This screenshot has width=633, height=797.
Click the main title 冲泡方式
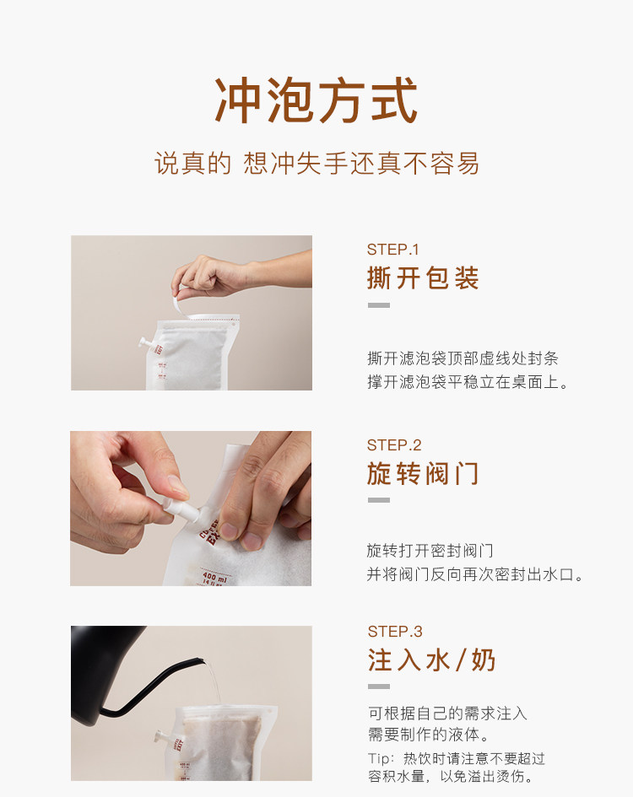(316, 100)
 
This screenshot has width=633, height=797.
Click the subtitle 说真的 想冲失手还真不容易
(316, 164)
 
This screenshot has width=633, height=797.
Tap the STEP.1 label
(392, 250)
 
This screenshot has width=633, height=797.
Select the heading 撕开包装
(423, 278)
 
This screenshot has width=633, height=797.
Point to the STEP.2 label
(394, 445)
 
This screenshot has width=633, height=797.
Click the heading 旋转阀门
(423, 474)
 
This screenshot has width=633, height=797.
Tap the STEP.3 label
(395, 632)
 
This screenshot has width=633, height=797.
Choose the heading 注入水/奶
(431, 660)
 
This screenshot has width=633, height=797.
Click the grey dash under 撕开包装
(379, 305)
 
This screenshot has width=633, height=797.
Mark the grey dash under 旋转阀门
(379, 500)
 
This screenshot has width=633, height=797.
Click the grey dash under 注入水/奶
(379, 687)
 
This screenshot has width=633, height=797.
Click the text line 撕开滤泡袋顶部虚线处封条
(463, 358)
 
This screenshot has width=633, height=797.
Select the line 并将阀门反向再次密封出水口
(474, 574)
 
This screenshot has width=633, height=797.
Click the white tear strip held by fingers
(181, 308)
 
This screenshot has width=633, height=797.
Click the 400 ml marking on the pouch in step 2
(214, 577)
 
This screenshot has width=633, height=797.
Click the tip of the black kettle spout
(203, 660)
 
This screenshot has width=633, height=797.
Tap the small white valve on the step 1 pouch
(144, 342)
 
